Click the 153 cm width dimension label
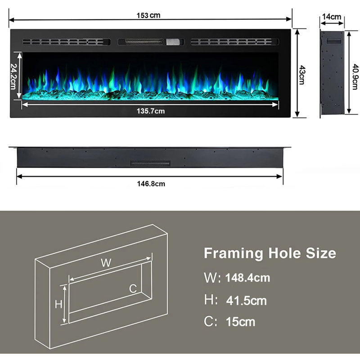(x=148, y=15)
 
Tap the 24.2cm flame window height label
(x=14, y=76)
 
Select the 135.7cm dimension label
(x=151, y=111)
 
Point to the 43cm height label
(x=302, y=75)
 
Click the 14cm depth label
(x=332, y=17)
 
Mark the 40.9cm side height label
(x=355, y=76)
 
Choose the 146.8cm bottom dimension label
(x=151, y=184)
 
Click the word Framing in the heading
(x=233, y=253)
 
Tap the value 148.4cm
(x=247, y=278)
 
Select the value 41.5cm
(x=246, y=301)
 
